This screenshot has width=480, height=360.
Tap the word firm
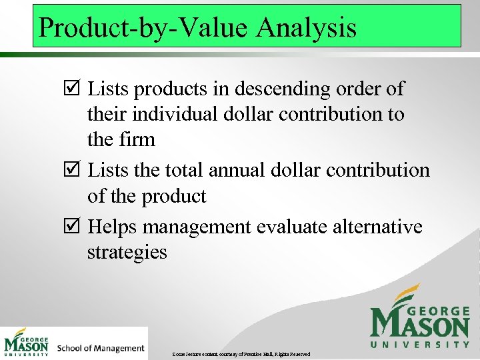tap(139, 140)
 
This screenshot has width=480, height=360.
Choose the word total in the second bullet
tap(183, 171)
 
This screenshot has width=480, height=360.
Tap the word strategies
tap(127, 253)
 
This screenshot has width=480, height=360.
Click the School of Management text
tap(101, 348)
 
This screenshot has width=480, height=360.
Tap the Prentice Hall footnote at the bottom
tap(240, 353)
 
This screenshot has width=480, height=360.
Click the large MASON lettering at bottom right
tap(420, 326)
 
